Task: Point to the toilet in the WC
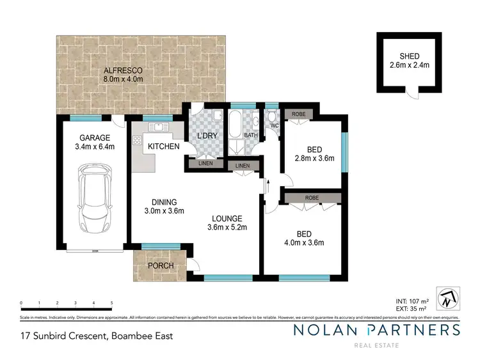tap(272, 118)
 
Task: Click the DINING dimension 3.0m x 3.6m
tap(164, 211)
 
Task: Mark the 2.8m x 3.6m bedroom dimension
tap(314, 159)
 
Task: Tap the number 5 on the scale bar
tap(111, 303)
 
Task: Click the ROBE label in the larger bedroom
tap(312, 198)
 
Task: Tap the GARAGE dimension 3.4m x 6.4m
tap(92, 146)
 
